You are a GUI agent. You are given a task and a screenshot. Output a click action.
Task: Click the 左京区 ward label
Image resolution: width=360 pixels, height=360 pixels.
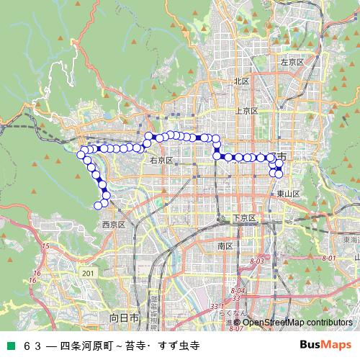coord(292,63)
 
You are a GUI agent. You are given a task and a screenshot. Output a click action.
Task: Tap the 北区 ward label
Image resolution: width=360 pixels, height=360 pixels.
coord(241,81)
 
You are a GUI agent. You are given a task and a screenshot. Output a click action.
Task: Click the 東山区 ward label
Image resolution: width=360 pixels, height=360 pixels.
coord(287,194)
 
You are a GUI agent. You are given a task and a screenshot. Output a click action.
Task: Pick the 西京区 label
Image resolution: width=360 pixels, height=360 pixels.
coord(114,225)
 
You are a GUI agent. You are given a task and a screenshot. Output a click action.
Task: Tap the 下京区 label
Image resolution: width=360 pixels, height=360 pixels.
coord(244,218)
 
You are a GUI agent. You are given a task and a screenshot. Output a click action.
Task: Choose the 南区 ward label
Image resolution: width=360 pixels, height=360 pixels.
coord(225,246)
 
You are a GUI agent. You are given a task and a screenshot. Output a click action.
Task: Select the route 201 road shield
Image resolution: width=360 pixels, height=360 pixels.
coord(88,274)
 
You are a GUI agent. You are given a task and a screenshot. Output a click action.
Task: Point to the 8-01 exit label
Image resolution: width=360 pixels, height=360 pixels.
coord(329,258)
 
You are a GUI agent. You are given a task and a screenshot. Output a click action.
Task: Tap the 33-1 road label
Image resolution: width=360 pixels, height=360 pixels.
coord(217,307)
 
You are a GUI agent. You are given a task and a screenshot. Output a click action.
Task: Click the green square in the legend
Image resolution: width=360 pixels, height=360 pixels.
coord(12,346)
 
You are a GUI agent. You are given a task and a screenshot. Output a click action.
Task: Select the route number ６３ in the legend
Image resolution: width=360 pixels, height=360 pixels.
coord(34,346)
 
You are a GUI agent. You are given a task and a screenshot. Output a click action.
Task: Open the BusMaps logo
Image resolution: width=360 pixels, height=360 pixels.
coord(325,345)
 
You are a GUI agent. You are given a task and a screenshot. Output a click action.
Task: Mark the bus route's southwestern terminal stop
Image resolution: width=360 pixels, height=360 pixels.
coord(98,206)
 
